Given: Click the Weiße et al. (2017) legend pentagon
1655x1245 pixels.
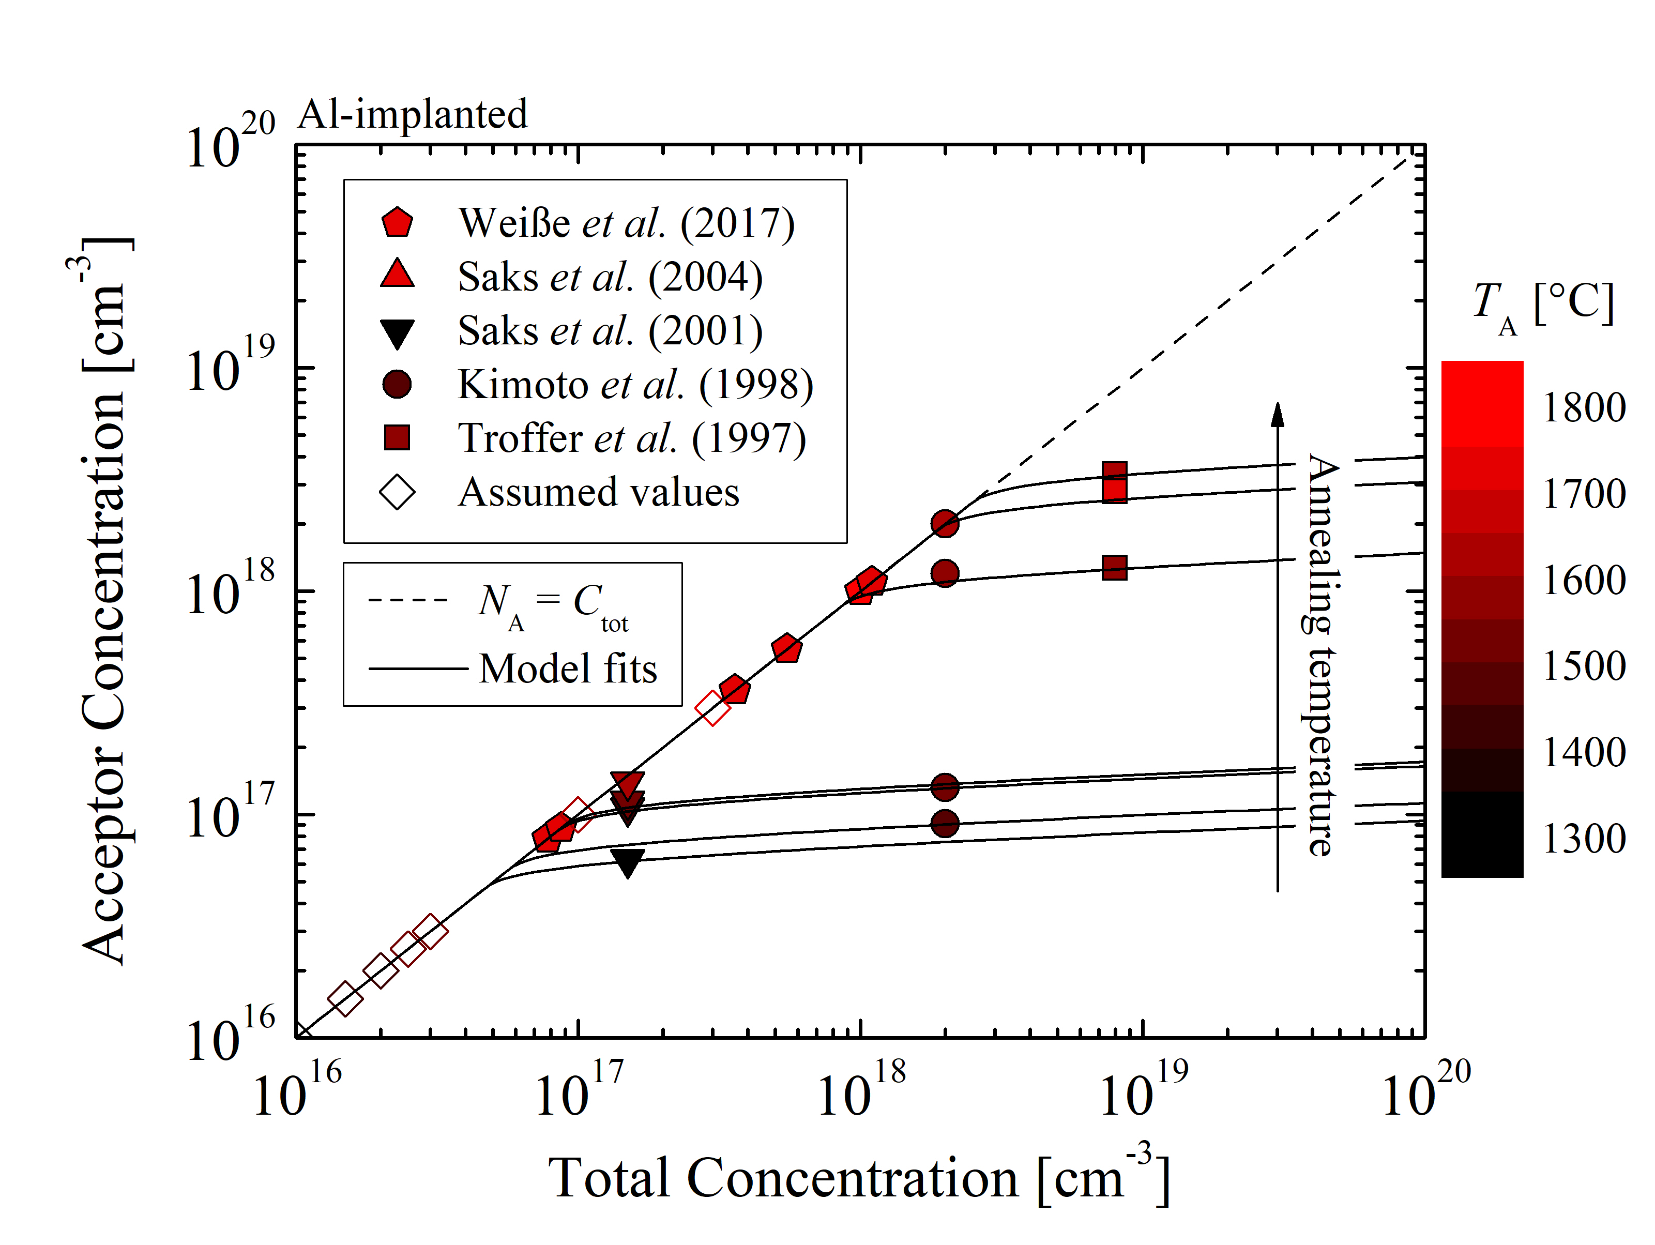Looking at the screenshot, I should (x=397, y=223).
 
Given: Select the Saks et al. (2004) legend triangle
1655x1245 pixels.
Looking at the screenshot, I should (x=397, y=275).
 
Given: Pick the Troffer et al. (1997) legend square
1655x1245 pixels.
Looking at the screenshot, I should (x=397, y=437).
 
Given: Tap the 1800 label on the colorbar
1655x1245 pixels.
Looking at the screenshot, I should (x=1584, y=408).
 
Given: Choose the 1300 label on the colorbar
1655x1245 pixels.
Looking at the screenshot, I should (x=1584, y=839).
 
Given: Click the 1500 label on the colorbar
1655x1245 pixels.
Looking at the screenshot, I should (x=1584, y=666).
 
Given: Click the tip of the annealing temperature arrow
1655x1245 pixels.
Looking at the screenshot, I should (x=1278, y=406).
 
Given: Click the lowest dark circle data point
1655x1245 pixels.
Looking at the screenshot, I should (x=945, y=824).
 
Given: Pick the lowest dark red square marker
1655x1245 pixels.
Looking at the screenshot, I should (x=1115, y=567).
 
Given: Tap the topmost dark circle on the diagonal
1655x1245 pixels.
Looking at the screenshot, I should (x=945, y=524).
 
